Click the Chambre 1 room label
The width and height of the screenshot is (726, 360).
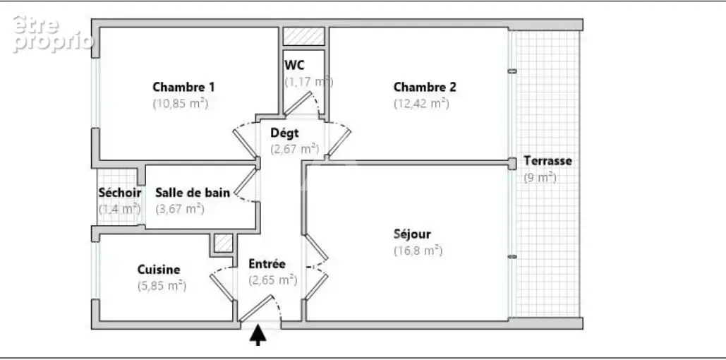183,87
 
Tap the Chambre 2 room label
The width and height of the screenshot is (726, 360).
425,87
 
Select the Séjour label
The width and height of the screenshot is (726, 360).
412,234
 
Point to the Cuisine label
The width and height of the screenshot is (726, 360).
159,269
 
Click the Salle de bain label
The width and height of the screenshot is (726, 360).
193,193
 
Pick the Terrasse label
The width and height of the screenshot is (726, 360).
547,161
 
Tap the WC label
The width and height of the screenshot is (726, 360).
294,65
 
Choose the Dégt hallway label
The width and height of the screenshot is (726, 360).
285,133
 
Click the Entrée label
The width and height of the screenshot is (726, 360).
267,263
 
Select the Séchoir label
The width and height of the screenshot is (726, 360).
120,193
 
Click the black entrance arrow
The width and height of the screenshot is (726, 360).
258,336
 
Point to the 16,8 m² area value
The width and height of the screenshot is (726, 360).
418,251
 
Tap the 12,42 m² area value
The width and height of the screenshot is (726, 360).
421,103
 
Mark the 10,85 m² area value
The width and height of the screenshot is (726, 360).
181,103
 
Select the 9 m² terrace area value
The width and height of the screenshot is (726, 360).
540,177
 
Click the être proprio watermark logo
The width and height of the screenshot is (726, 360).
52,33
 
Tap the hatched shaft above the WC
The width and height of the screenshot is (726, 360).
303,37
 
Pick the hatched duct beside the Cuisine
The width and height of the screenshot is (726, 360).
223,244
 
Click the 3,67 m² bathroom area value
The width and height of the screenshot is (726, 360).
180,209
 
